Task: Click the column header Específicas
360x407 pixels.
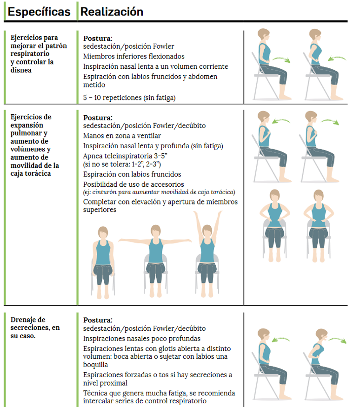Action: pyautogui.click(x=39, y=12)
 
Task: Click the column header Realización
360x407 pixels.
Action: pyautogui.click(x=112, y=12)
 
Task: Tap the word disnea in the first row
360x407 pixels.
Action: pyautogui.click(x=21, y=70)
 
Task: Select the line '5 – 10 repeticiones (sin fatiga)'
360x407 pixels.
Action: pyautogui.click(x=129, y=98)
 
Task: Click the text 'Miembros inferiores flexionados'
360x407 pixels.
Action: pyautogui.click(x=134, y=56)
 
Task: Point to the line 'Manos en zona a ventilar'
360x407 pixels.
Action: pyautogui.click(x=122, y=136)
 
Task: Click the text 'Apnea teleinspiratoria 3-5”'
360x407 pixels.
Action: pyautogui.click(x=125, y=156)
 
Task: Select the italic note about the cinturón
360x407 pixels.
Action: pyautogui.click(x=159, y=192)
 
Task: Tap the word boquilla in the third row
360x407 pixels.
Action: pyautogui.click(x=95, y=365)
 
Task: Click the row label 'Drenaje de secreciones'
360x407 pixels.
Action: pyautogui.click(x=35, y=324)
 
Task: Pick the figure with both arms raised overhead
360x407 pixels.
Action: pyautogui.click(x=207, y=254)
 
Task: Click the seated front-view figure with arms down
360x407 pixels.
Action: pyautogui.click(x=103, y=263)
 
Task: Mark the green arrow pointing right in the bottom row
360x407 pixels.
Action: pyautogui.click(x=337, y=340)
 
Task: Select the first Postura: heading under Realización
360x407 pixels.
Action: pyautogui.click(x=98, y=39)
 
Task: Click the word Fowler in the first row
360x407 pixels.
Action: pyautogui.click(x=164, y=46)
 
